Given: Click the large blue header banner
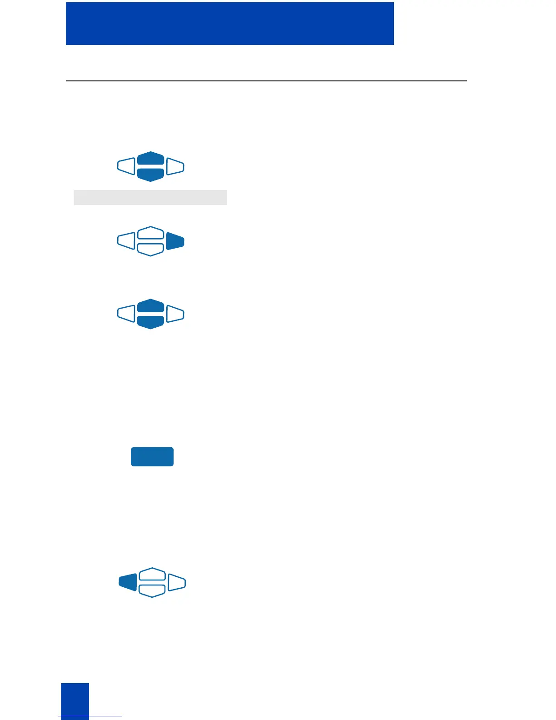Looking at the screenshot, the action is (229, 24).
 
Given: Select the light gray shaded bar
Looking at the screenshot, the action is (150, 197).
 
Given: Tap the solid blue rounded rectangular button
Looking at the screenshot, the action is (152, 457).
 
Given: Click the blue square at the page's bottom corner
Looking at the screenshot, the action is (75, 701).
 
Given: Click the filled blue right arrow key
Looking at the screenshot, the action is (175, 241).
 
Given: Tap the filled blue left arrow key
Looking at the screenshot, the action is (128, 582).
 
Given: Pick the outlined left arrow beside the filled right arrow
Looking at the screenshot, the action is (126, 241).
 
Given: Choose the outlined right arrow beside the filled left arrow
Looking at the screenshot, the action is (177, 582).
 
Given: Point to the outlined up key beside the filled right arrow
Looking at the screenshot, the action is (150, 233).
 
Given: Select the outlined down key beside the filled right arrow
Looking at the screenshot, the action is (150, 250).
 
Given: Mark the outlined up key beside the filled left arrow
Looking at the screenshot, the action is (152, 574).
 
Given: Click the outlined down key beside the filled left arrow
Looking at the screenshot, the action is (152, 591).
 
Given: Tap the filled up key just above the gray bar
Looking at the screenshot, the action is (150, 158).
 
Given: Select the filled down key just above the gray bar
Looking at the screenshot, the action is (150, 175).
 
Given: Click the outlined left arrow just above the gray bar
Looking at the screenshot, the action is (126, 166).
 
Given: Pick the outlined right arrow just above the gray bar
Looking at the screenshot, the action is (175, 166).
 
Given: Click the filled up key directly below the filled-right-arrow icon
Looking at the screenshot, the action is (150, 305).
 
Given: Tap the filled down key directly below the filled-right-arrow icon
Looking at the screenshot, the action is (150, 322).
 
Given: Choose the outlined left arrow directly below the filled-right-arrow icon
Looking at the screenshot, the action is (126, 314).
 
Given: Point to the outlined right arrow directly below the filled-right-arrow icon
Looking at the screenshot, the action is (175, 314).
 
